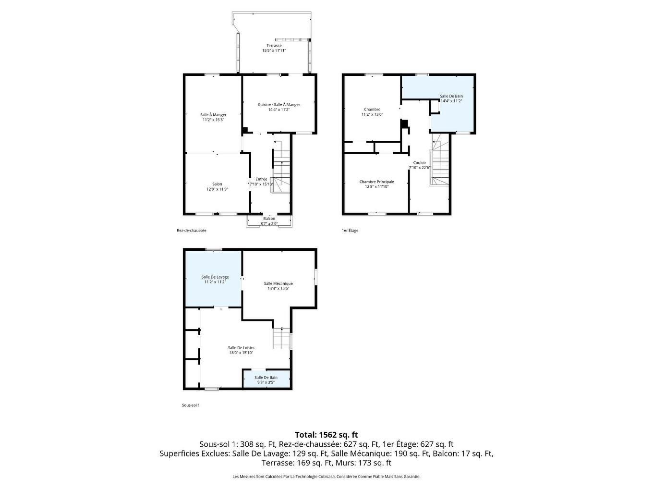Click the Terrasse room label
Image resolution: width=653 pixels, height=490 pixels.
[274, 46]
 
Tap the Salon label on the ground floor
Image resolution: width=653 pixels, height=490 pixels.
[217, 184]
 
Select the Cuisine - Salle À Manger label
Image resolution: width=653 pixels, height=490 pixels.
[279, 105]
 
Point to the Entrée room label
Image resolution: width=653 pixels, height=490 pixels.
[261, 179]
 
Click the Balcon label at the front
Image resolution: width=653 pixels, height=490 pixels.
[269, 219]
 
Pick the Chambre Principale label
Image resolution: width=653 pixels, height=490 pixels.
[376, 182]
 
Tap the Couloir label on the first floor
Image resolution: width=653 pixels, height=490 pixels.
[420, 163]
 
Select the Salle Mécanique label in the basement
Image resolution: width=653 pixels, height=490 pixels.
[278, 283]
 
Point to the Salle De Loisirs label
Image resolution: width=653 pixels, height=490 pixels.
[241, 348]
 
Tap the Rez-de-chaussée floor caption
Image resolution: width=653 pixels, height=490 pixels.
[192, 231]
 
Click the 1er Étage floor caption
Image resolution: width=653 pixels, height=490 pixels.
[350, 231]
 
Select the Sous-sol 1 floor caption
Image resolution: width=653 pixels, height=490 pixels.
[191, 405]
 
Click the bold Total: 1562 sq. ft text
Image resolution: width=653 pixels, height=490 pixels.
[326, 435]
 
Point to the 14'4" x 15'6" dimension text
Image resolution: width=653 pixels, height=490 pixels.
[278, 289]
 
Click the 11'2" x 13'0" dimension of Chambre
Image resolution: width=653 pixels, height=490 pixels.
[372, 114]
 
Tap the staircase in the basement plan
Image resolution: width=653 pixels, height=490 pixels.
[281, 339]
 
